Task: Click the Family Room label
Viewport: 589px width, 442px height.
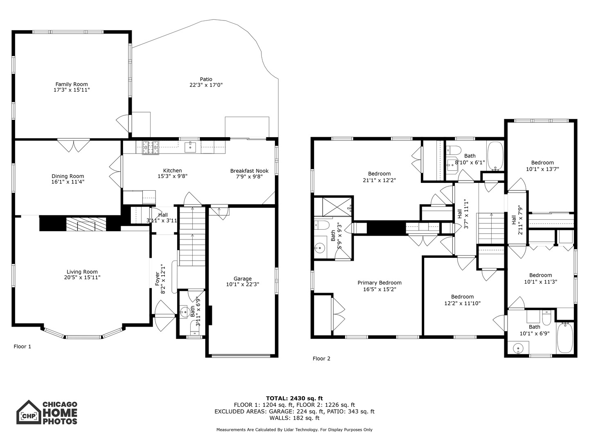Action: (x=72, y=84)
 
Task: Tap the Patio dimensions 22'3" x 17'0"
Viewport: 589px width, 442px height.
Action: (x=206, y=85)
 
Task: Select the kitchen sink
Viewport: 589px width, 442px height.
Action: (x=190, y=147)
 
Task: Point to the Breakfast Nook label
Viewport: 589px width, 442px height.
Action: (x=249, y=171)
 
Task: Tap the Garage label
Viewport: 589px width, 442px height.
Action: (x=243, y=279)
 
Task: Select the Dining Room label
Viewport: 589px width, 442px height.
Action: (x=68, y=176)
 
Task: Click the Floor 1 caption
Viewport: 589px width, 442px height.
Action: (x=22, y=347)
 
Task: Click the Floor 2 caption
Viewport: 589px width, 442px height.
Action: (x=321, y=359)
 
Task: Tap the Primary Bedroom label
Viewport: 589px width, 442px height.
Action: (x=380, y=282)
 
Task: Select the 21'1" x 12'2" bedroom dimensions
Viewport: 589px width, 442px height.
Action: (x=380, y=180)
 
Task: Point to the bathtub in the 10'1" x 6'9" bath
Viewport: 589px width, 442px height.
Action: (x=565, y=338)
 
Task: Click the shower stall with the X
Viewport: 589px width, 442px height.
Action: (x=337, y=206)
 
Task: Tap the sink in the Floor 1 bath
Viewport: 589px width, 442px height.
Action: (x=184, y=312)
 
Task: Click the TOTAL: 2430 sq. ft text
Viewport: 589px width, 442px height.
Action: (x=294, y=398)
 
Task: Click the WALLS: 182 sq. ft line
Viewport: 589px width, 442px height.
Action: (x=294, y=418)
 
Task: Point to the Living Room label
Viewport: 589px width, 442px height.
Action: (x=82, y=272)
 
